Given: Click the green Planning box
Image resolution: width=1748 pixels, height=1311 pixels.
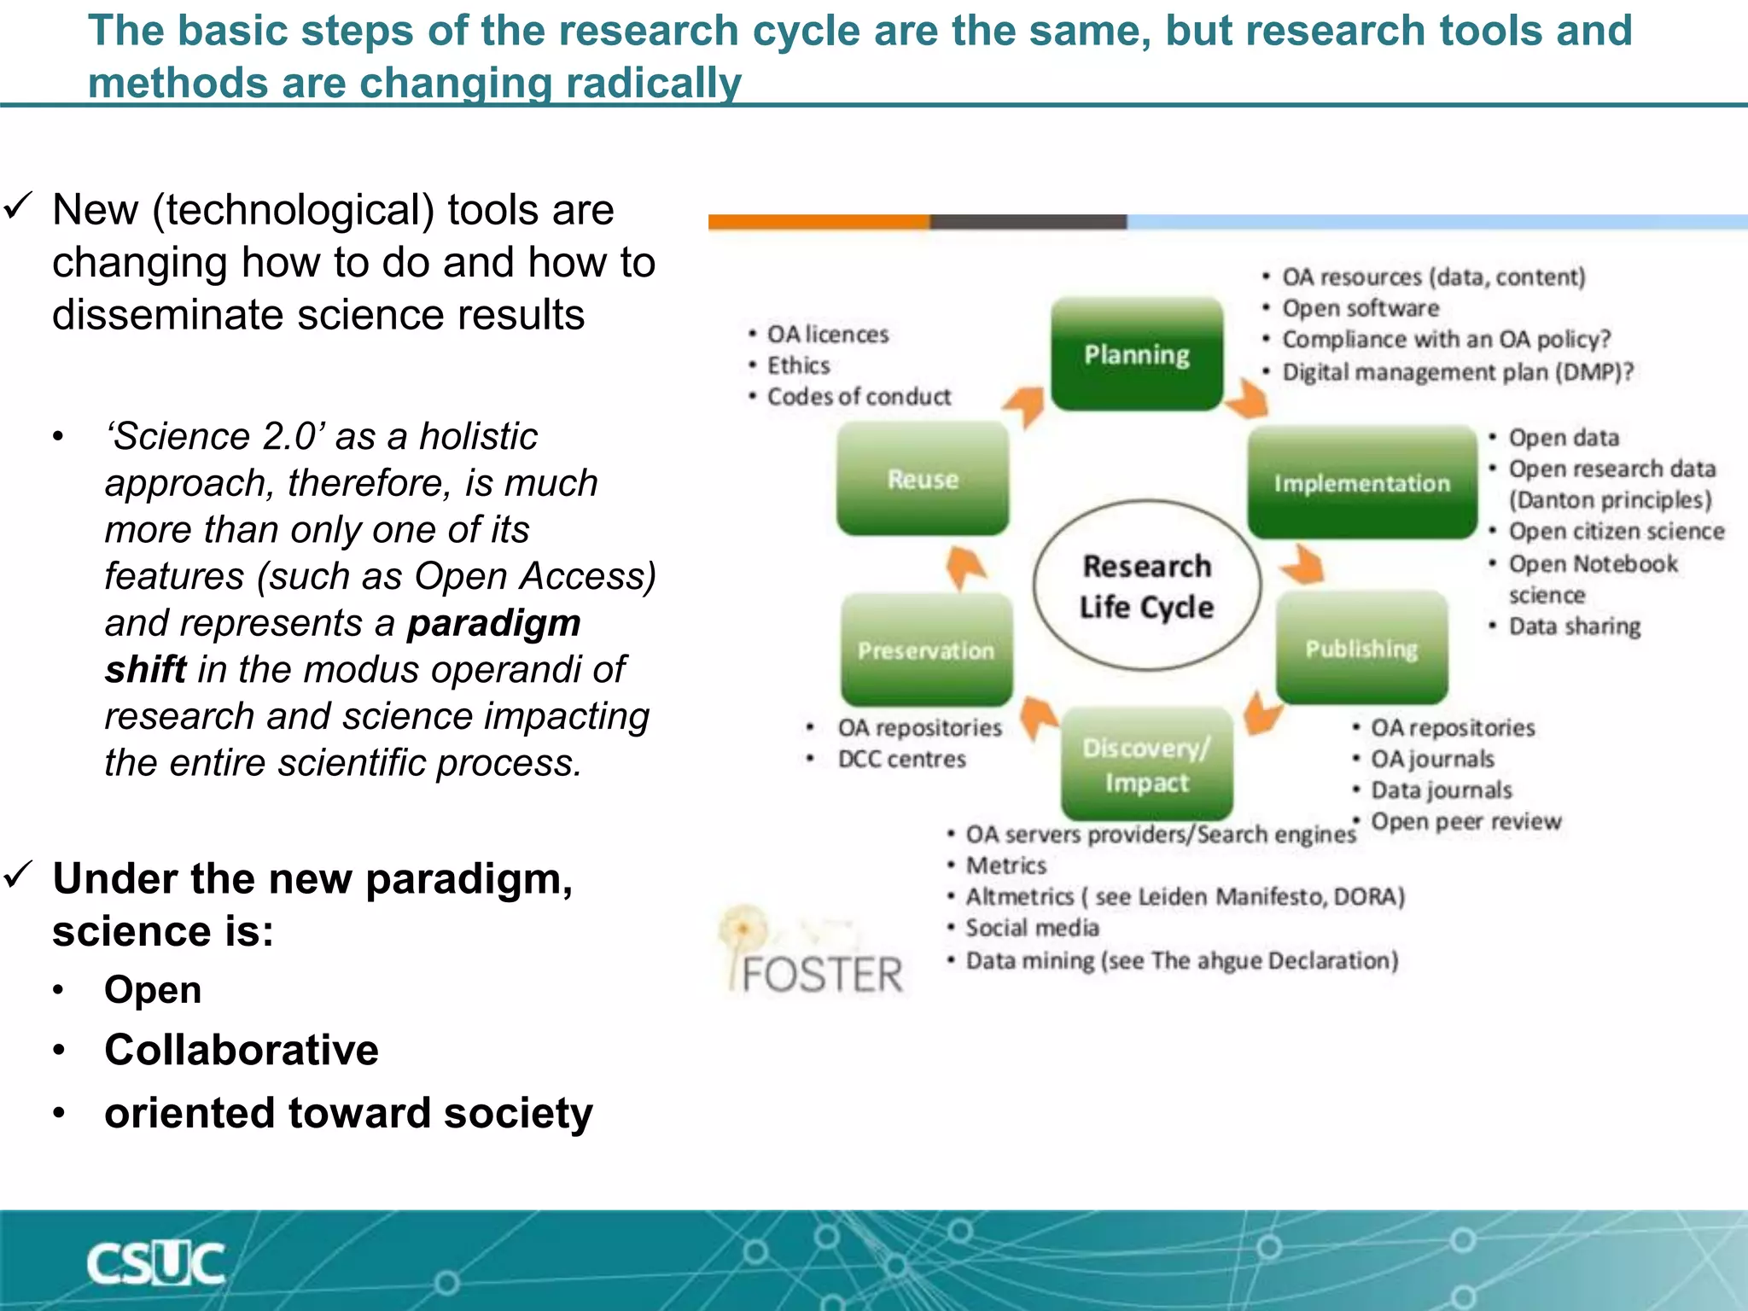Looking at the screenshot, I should [1136, 354].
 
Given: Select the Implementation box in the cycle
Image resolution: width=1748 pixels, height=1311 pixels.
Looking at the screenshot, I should [1361, 482].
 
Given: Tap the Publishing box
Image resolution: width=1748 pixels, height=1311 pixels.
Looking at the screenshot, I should [1361, 649].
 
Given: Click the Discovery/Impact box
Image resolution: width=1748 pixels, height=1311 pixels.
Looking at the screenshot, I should [1146, 764].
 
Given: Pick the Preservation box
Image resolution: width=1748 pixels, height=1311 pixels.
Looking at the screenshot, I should [926, 650].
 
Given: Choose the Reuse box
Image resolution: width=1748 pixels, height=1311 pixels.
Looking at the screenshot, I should [923, 479].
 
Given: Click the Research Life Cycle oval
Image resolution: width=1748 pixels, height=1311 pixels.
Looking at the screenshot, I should [1146, 586].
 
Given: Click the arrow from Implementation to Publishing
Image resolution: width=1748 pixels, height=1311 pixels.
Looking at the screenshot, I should [1303, 565].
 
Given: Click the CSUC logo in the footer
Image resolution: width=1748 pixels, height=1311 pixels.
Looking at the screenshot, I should [155, 1263].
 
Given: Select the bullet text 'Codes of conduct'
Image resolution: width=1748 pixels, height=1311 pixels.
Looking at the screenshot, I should [859, 397].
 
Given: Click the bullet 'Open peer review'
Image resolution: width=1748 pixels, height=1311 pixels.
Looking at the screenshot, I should [1465, 822].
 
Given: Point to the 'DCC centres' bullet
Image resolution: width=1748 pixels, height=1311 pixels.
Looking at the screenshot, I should [901, 759].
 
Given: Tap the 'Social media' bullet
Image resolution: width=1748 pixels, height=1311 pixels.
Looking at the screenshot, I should [1032, 928].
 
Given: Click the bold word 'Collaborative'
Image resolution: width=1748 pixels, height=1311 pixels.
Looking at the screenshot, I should [241, 1050].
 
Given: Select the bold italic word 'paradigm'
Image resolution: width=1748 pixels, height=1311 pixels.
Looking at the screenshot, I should [493, 623].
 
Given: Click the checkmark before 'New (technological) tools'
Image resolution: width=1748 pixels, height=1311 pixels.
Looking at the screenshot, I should [18, 206].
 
